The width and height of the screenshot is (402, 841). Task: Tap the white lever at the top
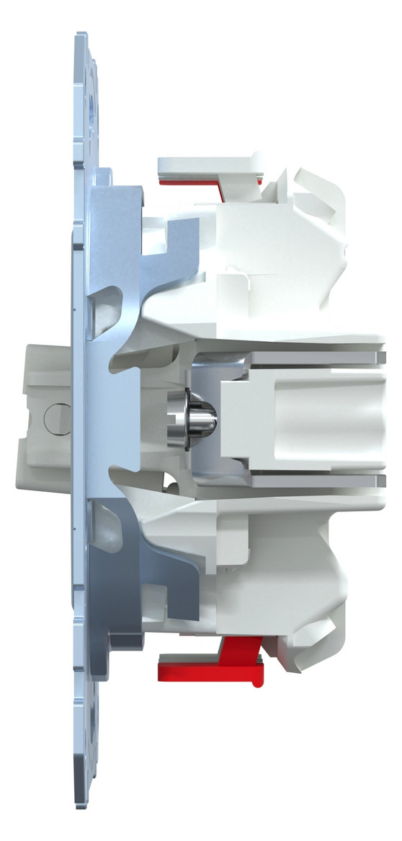point(209,165)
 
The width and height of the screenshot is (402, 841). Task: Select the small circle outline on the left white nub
point(52,418)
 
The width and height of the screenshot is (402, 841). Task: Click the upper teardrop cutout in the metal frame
point(106,300)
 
